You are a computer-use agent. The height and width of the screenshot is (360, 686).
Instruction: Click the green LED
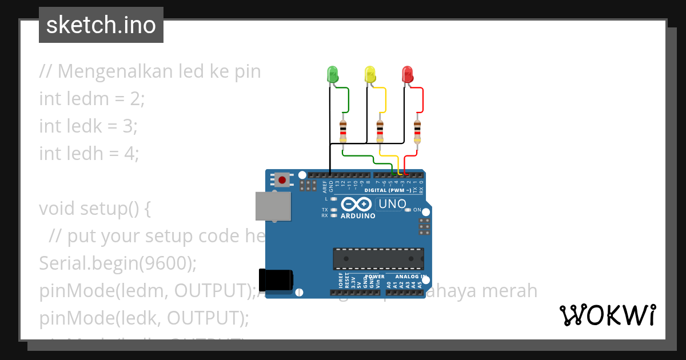pos(332,74)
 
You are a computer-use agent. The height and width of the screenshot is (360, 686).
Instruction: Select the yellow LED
pos(370,74)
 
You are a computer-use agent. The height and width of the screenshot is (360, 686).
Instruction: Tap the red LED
pos(407,74)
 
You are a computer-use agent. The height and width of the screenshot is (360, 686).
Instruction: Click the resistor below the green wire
pos(343,131)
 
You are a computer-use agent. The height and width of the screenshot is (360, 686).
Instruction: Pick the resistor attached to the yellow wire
pos(380,131)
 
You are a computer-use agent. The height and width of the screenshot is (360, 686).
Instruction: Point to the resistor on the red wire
pos(417,131)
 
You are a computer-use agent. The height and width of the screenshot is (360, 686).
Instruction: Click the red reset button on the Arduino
pos(282,180)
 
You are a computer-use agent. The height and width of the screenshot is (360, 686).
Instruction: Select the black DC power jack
pos(276,279)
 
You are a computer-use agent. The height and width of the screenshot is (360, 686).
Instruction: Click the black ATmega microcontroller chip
pos(378,258)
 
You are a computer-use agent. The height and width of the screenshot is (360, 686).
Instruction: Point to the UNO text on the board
pos(393,204)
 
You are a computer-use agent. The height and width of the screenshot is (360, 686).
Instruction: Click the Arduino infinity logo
pos(357,205)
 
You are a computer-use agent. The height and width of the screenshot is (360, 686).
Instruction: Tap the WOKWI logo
pos(608,315)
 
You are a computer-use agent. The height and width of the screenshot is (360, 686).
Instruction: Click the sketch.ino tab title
pos(101,25)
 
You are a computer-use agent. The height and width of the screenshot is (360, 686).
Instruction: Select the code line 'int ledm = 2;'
pos(92,99)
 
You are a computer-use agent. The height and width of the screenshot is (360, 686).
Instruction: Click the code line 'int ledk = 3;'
pos(88,126)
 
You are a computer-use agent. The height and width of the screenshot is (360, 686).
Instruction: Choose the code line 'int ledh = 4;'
pos(89,154)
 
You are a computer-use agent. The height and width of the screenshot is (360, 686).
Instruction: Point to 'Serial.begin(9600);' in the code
pos(118,263)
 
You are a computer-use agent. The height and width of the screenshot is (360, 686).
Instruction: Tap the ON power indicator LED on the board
pos(408,210)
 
